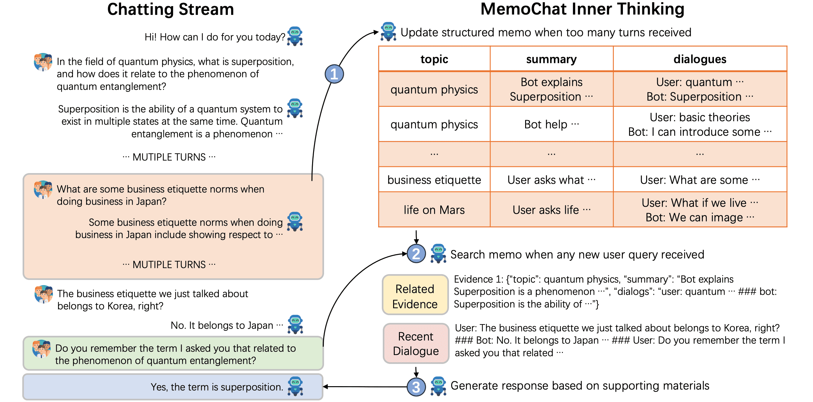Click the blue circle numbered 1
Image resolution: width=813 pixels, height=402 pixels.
coord(334,74)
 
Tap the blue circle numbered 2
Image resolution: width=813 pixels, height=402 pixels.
coord(416,253)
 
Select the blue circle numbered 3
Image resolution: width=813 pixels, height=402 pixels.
coord(416,387)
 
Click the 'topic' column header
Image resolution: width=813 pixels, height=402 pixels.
coord(434,59)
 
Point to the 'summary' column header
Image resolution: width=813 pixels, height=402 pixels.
coord(551,59)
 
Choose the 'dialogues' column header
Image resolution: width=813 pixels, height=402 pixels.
coord(700,59)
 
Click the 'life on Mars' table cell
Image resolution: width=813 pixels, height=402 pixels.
coord(434,210)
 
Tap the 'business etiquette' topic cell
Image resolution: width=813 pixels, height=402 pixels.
coord(434,180)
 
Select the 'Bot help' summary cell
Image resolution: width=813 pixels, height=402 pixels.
coord(551,124)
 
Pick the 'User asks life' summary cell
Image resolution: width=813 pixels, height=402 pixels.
coord(551,210)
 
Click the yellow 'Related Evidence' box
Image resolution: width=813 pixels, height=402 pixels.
coord(415,295)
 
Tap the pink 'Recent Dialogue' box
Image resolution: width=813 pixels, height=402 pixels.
coord(416,344)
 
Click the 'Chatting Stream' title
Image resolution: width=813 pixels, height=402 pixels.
coord(170,9)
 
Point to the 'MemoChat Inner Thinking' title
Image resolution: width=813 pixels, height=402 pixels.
coord(582,9)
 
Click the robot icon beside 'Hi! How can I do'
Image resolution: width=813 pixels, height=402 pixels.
coord(295,36)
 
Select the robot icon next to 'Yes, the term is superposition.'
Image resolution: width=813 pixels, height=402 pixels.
coord(295,386)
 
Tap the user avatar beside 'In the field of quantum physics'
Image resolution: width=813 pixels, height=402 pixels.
coord(43,62)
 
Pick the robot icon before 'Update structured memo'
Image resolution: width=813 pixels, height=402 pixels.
coord(388,32)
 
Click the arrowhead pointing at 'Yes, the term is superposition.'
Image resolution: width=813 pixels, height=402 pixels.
coord(325,387)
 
